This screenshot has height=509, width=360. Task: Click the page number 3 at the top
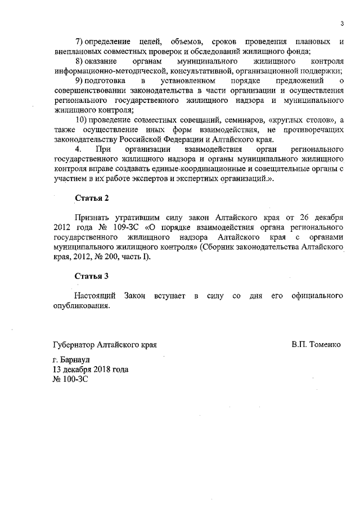pos(342,23)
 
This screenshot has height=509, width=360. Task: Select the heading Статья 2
pos(91,198)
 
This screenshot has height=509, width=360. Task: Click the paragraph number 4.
pos(78,150)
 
